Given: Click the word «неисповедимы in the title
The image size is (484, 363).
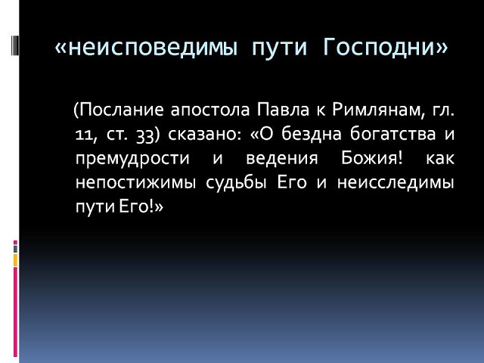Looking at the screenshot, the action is (x=146, y=48).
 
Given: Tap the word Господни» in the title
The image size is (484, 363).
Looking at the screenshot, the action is (x=385, y=47).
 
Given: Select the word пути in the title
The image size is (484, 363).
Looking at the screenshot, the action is (x=279, y=48).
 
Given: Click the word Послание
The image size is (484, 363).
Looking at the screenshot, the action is (x=121, y=110).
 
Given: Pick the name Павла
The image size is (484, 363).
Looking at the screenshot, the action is (x=283, y=110).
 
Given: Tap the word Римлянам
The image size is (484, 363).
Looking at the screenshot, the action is (x=377, y=110).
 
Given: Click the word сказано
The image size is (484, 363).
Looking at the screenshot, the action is (x=203, y=135).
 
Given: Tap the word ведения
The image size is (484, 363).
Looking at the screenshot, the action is (x=282, y=159).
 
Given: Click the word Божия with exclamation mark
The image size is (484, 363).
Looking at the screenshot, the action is (x=371, y=158).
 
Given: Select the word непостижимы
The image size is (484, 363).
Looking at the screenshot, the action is (x=135, y=182).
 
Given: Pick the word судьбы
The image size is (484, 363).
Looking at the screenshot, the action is (x=236, y=183).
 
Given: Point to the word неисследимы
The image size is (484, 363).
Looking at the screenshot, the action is (x=396, y=182).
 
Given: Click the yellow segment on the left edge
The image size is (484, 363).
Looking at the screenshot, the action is (x=15, y=260).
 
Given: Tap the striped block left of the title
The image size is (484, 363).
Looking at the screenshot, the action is (x=15, y=45).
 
